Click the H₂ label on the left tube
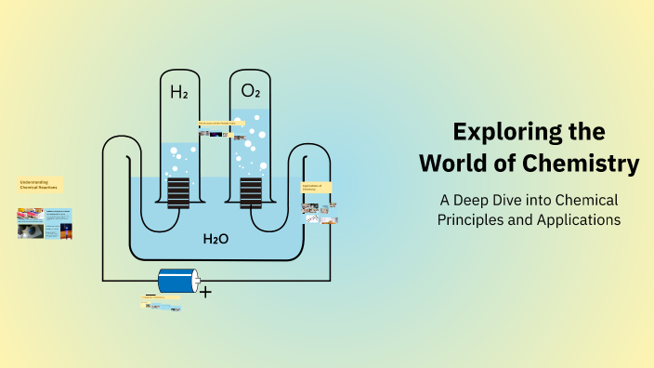(x=178, y=92)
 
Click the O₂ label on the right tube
(x=251, y=91)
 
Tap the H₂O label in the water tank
(x=216, y=240)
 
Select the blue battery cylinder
(x=177, y=281)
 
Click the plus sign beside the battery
(x=205, y=292)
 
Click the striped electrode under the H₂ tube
(x=178, y=193)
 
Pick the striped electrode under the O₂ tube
(x=251, y=193)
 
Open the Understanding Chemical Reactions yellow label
(x=40, y=185)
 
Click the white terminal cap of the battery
(x=195, y=281)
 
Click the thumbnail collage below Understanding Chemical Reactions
(x=44, y=223)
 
